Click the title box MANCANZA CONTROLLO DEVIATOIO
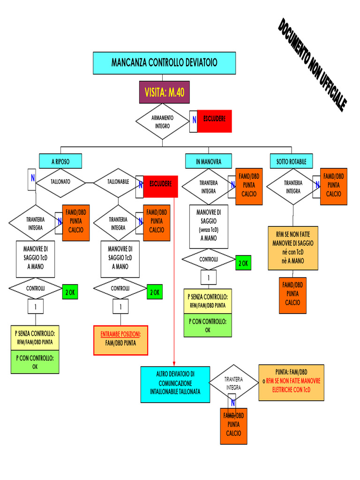tap(164, 63)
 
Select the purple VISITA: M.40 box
tap(164, 92)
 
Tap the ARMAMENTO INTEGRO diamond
tap(162, 122)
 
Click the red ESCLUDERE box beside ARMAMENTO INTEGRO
tap(214, 120)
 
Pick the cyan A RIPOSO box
tap(60, 161)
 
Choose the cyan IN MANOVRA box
tap(209, 161)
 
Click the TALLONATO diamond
tap(60, 181)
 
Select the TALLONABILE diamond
tap(118, 181)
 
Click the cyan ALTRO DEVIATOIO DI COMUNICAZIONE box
tap(175, 384)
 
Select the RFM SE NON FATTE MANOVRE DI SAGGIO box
tap(293, 248)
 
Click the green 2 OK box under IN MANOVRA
tap(243, 263)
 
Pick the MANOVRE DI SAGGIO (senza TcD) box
tap(209, 226)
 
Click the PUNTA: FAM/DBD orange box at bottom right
tap(291, 382)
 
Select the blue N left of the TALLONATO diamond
tap(32, 178)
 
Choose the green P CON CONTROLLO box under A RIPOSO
tap(35, 362)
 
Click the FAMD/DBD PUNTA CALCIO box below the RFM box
tap(292, 294)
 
